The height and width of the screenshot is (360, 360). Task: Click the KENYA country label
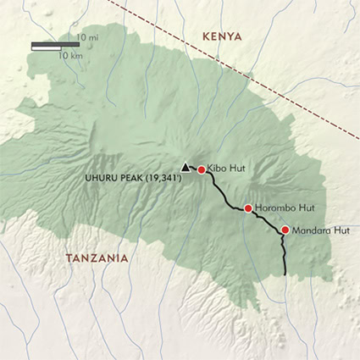218,36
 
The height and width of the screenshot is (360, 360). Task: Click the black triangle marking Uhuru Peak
186,167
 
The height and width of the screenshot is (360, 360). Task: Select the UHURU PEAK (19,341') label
131,179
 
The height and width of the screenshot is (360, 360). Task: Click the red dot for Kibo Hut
202,169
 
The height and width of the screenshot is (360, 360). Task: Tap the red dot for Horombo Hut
247,208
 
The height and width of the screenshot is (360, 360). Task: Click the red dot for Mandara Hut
285,230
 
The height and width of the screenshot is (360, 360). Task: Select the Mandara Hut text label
319,230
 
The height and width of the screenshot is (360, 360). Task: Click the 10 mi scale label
86,38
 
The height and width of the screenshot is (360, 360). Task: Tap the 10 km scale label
70,55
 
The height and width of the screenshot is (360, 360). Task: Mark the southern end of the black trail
285,274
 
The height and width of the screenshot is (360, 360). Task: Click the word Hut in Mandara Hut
340,230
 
